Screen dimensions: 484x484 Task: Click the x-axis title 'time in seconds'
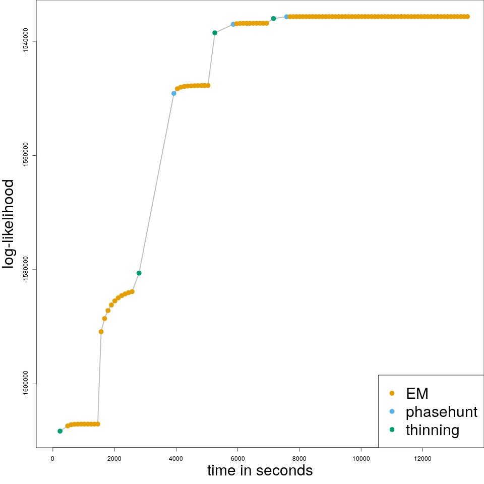point(260,470)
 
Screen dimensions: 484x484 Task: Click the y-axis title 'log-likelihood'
point(10,224)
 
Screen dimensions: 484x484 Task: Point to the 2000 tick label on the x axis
point(114,458)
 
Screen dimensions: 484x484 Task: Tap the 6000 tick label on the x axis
point(237,458)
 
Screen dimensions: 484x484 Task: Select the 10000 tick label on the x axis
point(361,458)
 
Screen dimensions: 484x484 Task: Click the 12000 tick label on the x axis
point(422,458)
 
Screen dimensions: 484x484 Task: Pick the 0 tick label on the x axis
point(53,458)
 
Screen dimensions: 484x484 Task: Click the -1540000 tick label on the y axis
point(26,41)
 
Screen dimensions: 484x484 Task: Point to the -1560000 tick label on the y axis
point(26,155)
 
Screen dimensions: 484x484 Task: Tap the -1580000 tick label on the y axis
point(26,269)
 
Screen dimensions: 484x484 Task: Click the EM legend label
point(417,393)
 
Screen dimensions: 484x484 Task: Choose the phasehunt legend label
point(442,412)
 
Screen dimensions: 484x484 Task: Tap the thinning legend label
point(433,430)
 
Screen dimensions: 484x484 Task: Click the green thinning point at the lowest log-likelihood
point(60,431)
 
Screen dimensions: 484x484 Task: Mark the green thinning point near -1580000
point(139,273)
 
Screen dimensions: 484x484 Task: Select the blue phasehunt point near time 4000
point(174,93)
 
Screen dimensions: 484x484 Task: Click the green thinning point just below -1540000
point(215,33)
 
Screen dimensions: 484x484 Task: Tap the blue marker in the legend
point(392,412)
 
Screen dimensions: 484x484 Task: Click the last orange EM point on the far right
point(467,17)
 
